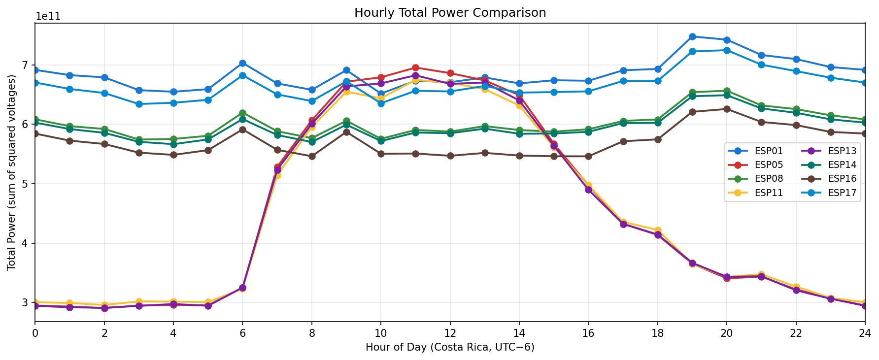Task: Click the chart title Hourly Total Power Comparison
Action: pyautogui.click(x=450, y=13)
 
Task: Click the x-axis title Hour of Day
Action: pyautogui.click(x=450, y=348)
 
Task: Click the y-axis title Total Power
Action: pyautogui.click(x=12, y=172)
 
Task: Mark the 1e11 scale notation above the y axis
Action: pyautogui.click(x=48, y=16)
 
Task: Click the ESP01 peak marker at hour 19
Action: pyautogui.click(x=692, y=36)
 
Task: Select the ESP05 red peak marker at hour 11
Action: pyautogui.click(x=415, y=68)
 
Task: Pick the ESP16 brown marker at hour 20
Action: pyautogui.click(x=727, y=109)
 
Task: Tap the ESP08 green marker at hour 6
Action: pyautogui.click(x=242, y=113)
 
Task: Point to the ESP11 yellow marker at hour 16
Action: pyautogui.click(x=588, y=186)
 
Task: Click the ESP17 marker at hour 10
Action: pyautogui.click(x=381, y=103)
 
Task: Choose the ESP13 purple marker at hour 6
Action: pyautogui.click(x=242, y=288)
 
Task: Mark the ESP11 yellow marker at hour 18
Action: pyautogui.click(x=658, y=230)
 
